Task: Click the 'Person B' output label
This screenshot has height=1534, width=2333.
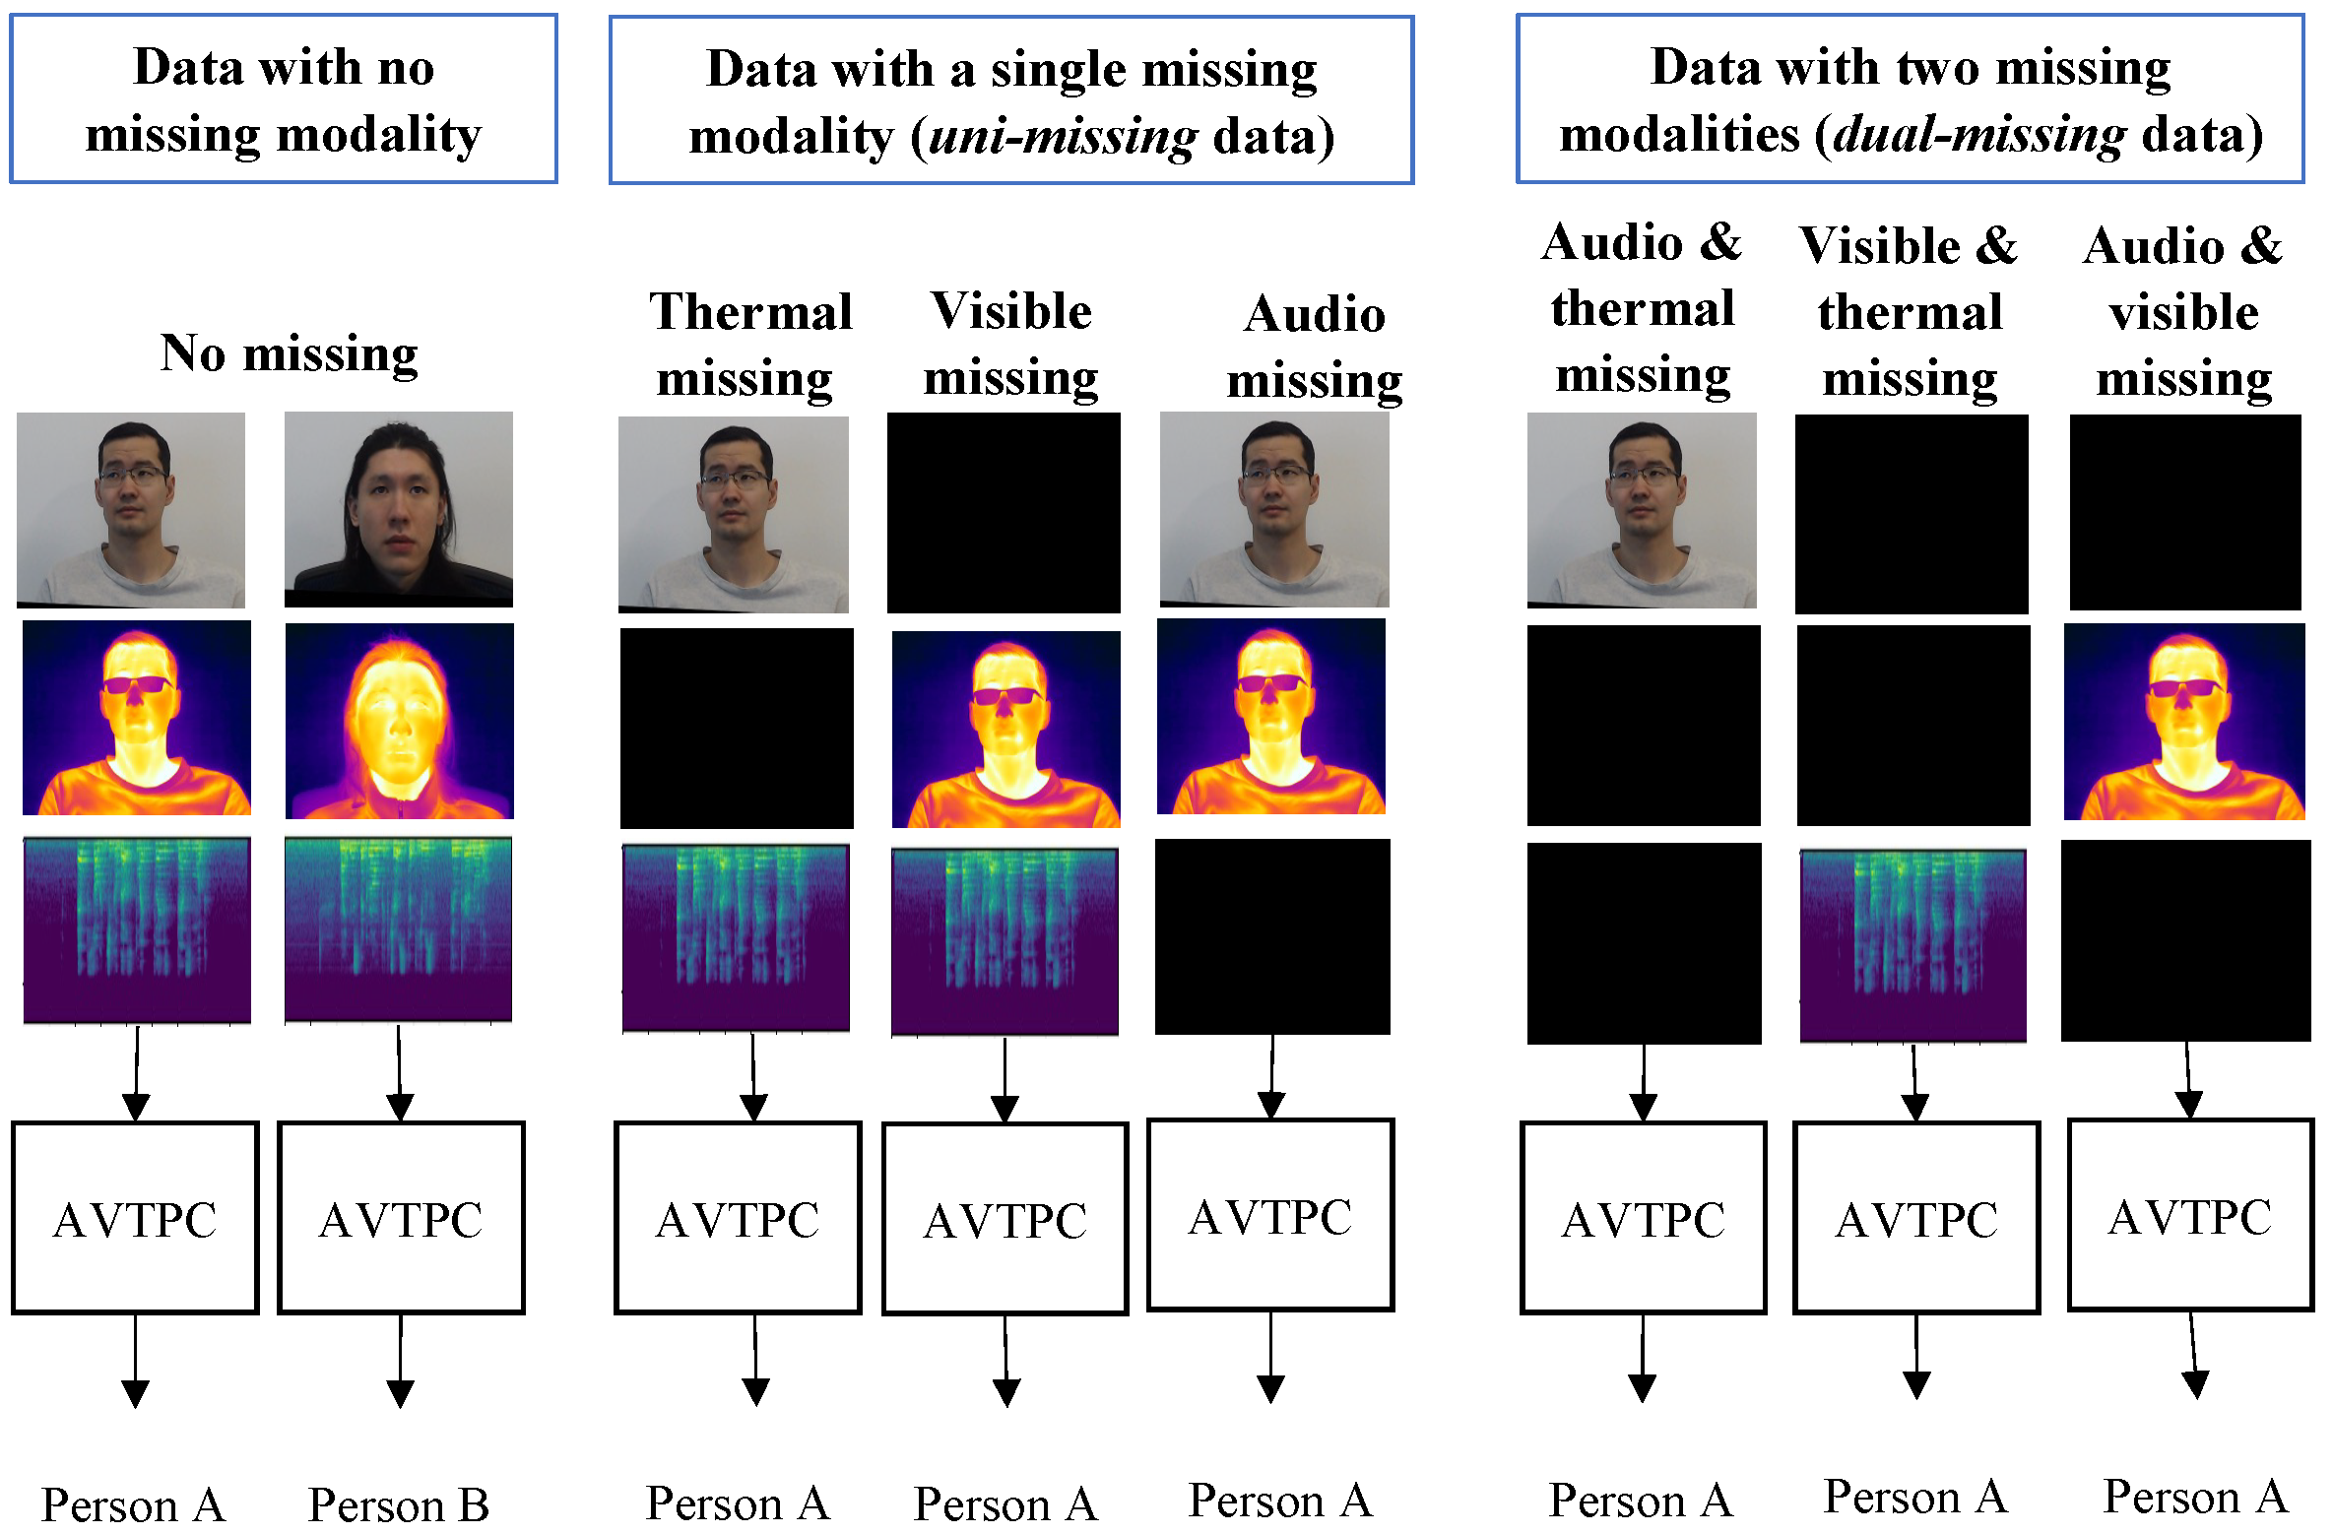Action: coord(399,1504)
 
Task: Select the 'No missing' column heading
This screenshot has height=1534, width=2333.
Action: coord(289,353)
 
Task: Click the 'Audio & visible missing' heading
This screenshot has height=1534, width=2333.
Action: coord(2183,311)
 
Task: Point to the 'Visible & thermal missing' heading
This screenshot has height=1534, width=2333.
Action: coord(1910,311)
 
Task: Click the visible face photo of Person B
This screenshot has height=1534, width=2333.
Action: coord(399,509)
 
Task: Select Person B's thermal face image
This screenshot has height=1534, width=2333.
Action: coord(399,721)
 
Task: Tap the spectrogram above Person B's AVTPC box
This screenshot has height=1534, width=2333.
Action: coord(399,929)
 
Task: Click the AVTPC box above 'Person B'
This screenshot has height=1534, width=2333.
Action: coord(401,1217)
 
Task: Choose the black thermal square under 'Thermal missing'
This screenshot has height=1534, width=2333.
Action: coord(737,729)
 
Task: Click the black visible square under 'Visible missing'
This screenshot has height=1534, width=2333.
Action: coord(1004,512)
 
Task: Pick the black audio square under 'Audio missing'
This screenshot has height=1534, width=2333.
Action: coord(1272,936)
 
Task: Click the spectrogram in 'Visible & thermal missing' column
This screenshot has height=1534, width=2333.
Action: coord(1912,944)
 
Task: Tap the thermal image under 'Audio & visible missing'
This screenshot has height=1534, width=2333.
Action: coord(2184,721)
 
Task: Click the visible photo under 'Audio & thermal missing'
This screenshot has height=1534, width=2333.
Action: coord(1642,510)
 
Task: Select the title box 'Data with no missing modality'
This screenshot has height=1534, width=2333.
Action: coord(284,98)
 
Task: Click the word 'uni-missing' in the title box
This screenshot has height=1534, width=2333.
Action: coord(1063,136)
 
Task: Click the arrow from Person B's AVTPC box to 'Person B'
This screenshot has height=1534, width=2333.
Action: coord(400,1360)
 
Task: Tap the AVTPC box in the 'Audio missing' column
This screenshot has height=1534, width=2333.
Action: coord(1270,1215)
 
